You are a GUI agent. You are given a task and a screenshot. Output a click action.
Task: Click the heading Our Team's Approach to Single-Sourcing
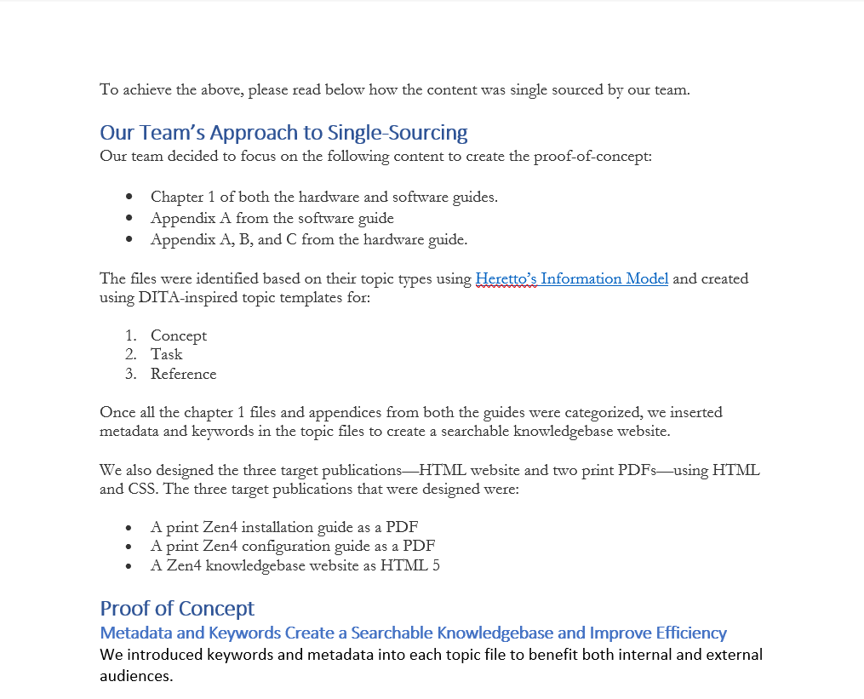(x=283, y=133)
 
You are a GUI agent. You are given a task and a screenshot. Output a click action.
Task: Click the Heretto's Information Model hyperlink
(x=571, y=278)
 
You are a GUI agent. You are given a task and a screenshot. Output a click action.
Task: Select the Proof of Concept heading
(x=177, y=608)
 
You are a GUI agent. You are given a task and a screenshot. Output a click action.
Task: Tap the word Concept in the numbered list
(x=179, y=335)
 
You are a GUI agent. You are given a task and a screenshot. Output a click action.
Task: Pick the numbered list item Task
(x=166, y=354)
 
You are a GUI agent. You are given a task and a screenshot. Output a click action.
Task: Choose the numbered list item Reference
(x=184, y=374)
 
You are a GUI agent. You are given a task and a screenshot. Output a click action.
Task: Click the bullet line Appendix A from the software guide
(x=272, y=218)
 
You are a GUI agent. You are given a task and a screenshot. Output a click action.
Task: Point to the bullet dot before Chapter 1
(x=129, y=198)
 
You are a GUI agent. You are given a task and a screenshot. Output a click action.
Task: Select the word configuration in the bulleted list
(x=290, y=546)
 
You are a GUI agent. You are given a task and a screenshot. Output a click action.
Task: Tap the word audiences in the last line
(x=135, y=676)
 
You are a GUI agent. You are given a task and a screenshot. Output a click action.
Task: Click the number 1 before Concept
(x=130, y=335)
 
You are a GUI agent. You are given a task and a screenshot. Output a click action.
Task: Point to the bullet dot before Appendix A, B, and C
(x=129, y=239)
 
